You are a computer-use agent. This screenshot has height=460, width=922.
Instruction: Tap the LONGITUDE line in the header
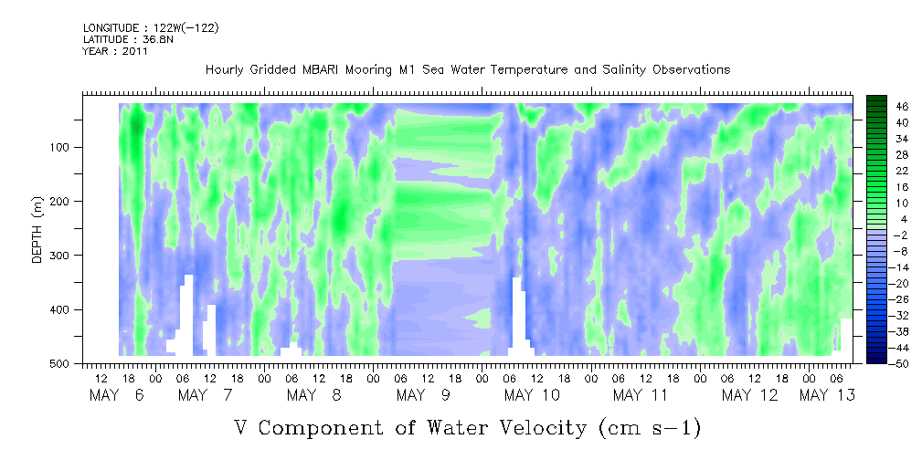[x=151, y=27]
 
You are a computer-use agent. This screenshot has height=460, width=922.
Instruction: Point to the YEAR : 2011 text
[x=115, y=51]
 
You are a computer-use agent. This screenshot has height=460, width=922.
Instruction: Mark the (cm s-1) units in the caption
[x=647, y=427]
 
